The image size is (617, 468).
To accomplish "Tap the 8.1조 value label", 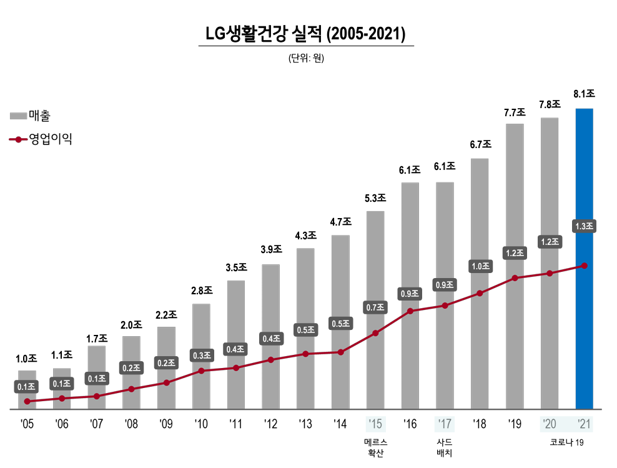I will coord(584,94).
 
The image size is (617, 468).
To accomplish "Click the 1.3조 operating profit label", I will coord(584,226).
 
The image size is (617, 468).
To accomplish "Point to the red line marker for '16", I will coord(410,311).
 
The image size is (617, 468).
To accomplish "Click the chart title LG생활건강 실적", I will coord(305,33).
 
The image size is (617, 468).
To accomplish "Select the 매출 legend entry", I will coord(31,116).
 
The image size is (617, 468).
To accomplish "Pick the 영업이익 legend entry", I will coord(41,139).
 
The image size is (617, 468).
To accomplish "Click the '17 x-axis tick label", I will coord(445,424).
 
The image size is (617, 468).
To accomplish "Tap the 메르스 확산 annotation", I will coord(375,447).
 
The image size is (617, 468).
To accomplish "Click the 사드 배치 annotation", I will coord(445,447).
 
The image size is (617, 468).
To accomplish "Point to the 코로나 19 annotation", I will coord(566,442).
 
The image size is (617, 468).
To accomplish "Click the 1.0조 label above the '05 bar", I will coord(26,359).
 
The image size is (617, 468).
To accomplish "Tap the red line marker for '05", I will coord(27,401).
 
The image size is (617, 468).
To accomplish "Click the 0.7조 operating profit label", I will coord(375,307).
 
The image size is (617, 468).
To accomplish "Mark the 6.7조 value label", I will coord(480,144).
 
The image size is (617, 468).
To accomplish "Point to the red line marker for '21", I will coord(584,266).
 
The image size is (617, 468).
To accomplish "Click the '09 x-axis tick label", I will coord(166,424).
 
